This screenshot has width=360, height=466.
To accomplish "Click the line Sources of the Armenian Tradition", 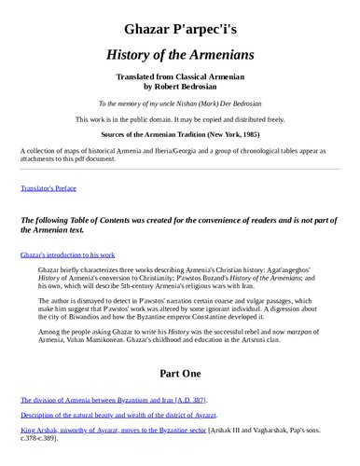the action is pos(179,134).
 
